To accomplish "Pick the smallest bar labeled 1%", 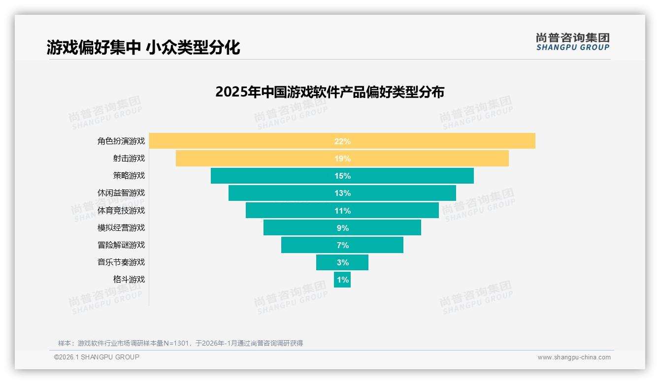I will [342, 280].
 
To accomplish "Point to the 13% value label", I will [342, 193].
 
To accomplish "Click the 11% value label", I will [342, 211].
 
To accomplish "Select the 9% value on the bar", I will [342, 228].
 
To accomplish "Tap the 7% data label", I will [342, 245].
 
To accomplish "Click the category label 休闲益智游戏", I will [121, 193].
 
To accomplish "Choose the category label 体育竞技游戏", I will [121, 210].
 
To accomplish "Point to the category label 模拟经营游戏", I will [121, 227].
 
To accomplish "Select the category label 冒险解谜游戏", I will [121, 245].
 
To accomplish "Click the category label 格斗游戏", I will [129, 279].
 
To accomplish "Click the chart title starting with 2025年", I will [330, 92].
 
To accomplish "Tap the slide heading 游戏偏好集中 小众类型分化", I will [143, 47].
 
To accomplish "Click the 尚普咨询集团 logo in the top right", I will [572, 42].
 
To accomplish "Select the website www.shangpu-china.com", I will [574, 357].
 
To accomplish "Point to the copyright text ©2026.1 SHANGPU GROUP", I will [97, 357].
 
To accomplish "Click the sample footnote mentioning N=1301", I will [180, 343].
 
